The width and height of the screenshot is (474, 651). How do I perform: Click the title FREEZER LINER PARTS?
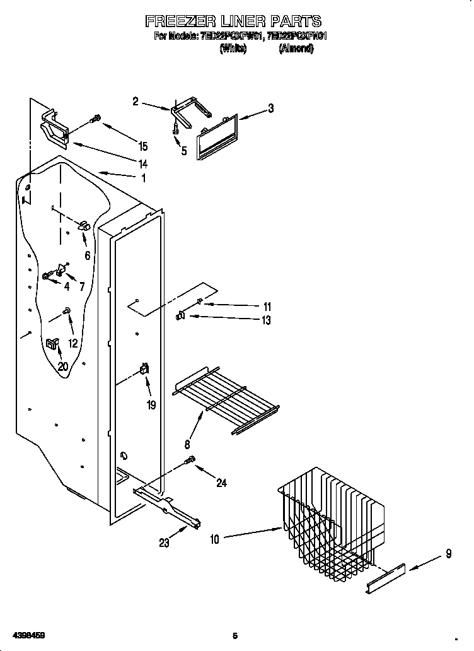(x=234, y=21)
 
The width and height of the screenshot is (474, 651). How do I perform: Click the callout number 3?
(x=270, y=108)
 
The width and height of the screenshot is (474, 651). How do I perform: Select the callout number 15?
(x=143, y=146)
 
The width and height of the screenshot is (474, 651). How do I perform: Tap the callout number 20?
(x=63, y=366)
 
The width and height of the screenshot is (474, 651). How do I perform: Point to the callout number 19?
(x=151, y=405)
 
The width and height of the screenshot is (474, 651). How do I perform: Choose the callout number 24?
(x=221, y=483)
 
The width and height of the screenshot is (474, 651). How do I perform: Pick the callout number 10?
(x=214, y=539)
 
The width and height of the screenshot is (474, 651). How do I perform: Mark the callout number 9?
(x=448, y=554)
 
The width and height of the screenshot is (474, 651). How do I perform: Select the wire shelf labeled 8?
(x=227, y=401)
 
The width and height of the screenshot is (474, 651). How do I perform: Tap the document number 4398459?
(x=23, y=635)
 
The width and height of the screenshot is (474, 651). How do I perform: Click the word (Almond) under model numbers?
(x=296, y=49)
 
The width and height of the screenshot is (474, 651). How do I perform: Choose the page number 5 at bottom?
(x=234, y=635)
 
